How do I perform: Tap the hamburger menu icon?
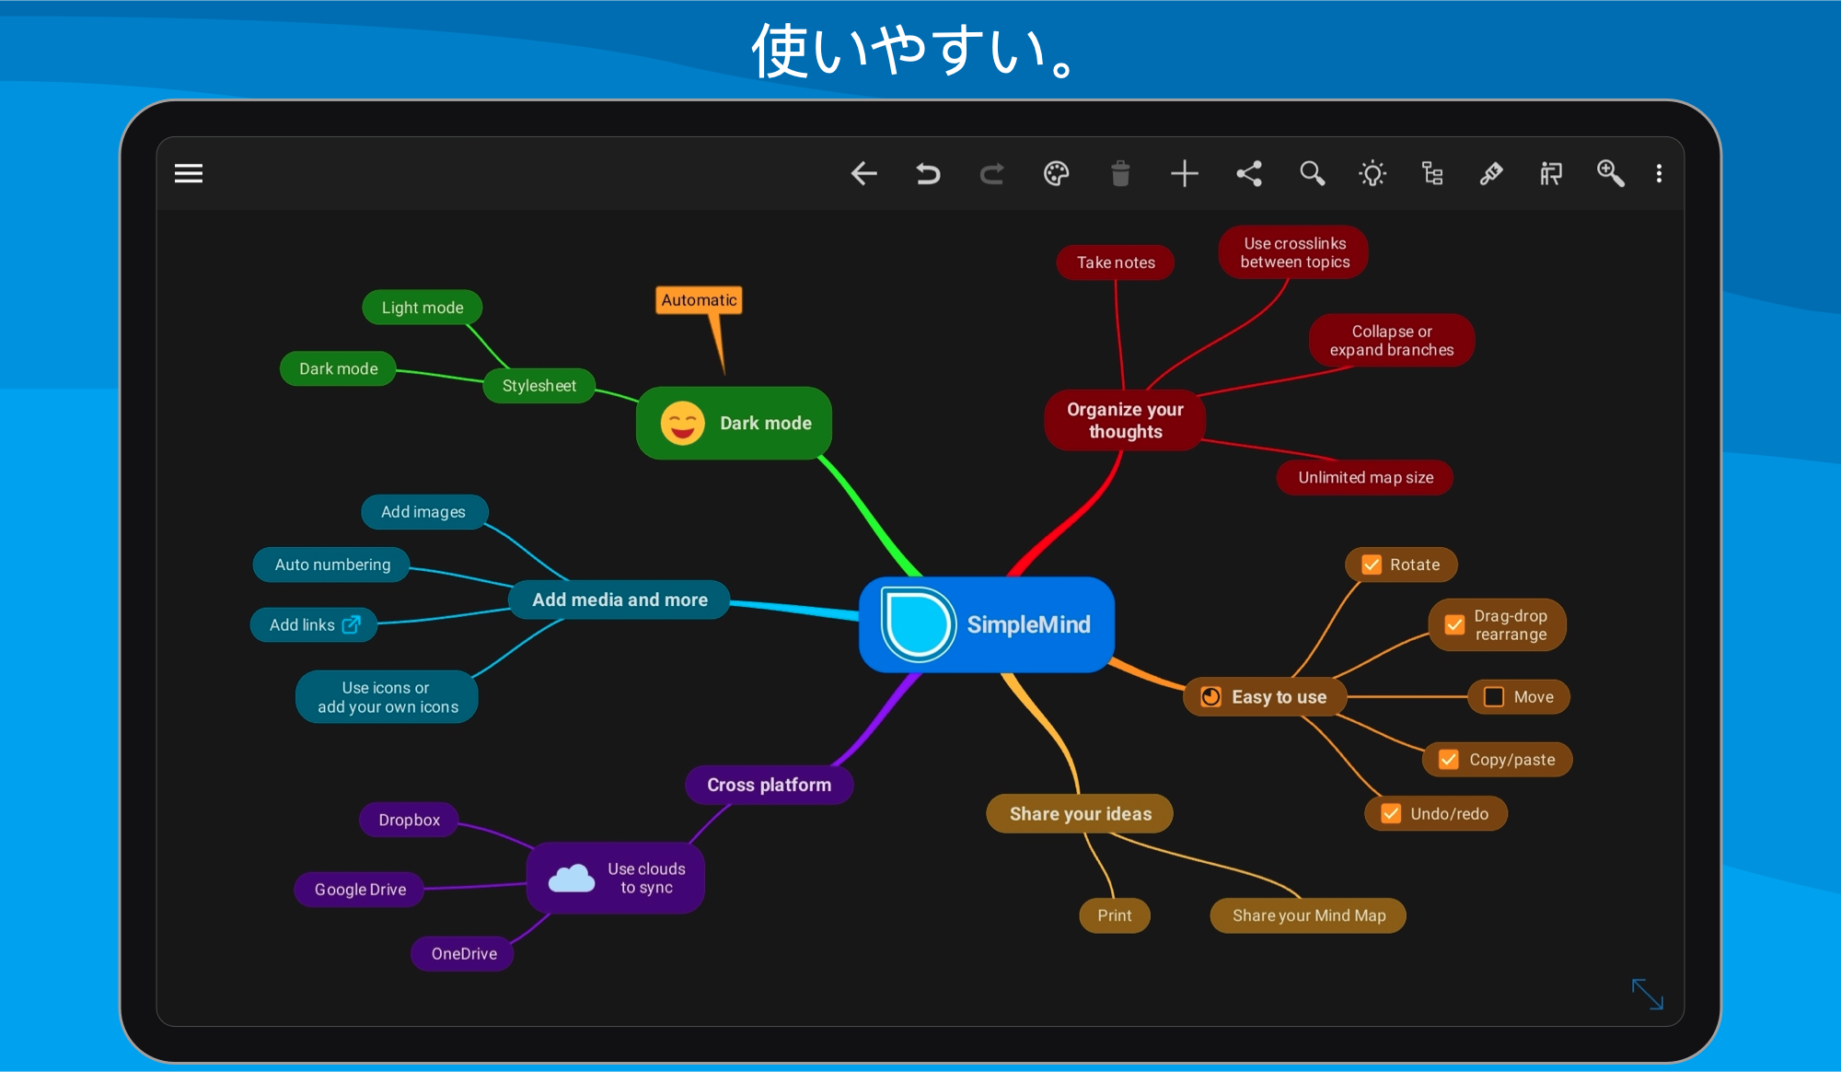[x=189, y=173]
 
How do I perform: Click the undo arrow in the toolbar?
[x=928, y=173]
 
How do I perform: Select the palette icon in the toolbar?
[x=1057, y=173]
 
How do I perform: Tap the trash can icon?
[x=1120, y=173]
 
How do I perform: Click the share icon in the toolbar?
[x=1249, y=173]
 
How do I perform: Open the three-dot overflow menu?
[x=1659, y=173]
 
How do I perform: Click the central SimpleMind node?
[x=987, y=624]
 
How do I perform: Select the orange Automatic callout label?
[x=699, y=300]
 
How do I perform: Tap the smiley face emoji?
[x=682, y=424]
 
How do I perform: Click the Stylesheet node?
[x=539, y=386]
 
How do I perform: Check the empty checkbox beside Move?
[x=1494, y=697]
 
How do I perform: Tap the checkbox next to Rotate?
[x=1372, y=565]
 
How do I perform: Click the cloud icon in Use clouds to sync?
[x=572, y=879]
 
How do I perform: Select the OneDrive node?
[x=463, y=953]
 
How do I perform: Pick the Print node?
[x=1115, y=915]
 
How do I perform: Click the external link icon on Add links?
[x=352, y=624]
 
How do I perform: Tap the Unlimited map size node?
[x=1365, y=477]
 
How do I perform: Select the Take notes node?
[x=1116, y=262]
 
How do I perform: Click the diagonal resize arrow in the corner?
[x=1648, y=995]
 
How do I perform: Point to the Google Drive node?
[x=360, y=890]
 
